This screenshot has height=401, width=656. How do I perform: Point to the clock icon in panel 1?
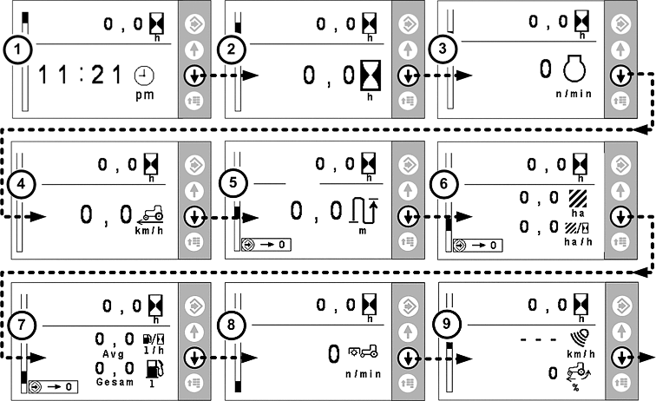143,76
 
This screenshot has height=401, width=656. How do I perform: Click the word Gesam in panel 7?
114,382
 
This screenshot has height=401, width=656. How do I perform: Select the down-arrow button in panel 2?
406,76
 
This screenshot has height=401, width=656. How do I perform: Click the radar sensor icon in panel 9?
574,337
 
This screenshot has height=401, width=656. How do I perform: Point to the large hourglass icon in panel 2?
370,76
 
